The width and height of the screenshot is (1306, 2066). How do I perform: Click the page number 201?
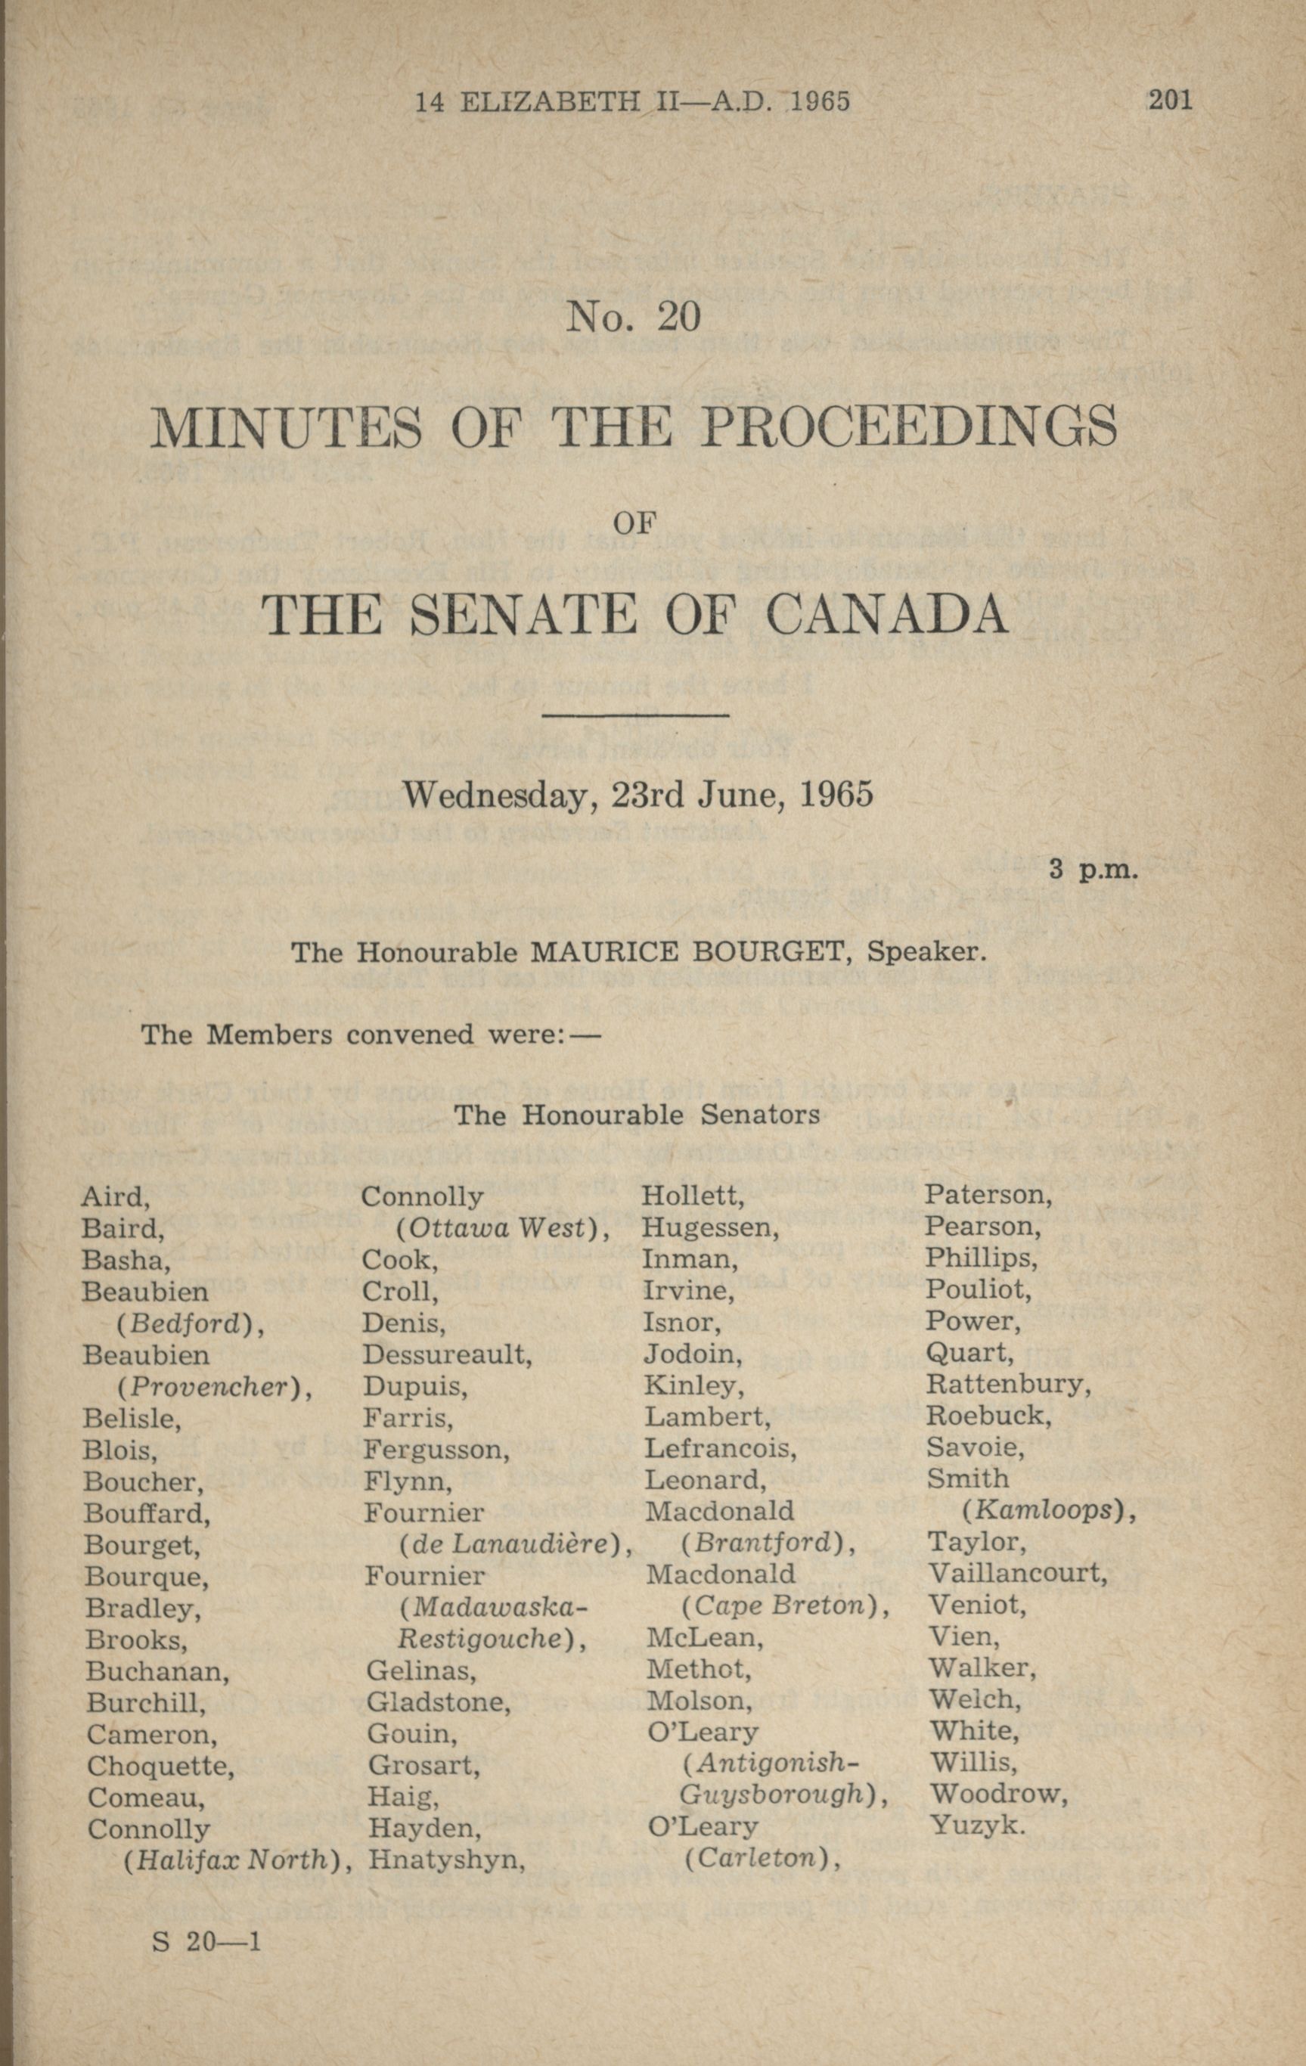click(1170, 101)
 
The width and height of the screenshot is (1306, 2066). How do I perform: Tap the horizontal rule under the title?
click(636, 715)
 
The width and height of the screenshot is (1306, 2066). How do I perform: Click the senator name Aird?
click(115, 1197)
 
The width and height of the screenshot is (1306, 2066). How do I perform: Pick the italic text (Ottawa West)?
click(503, 1229)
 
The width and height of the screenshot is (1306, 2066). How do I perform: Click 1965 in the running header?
click(820, 102)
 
